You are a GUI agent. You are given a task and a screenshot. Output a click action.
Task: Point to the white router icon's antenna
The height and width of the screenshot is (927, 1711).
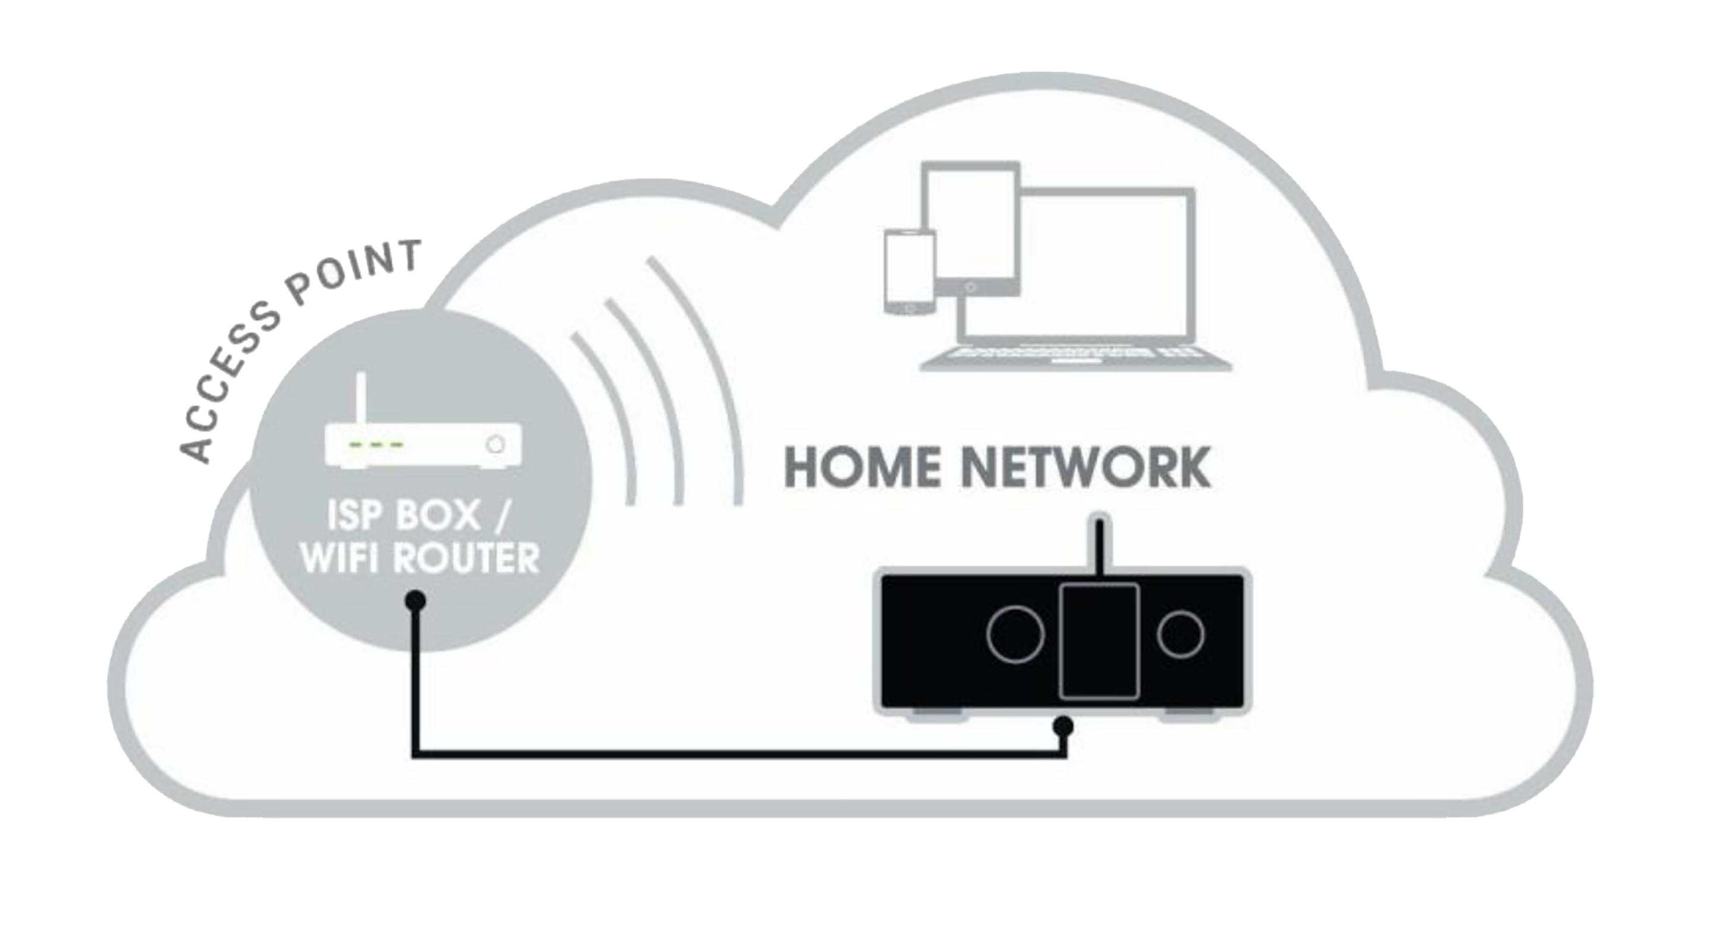pos(361,402)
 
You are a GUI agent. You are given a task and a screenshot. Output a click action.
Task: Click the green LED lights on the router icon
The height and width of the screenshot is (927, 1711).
pos(377,443)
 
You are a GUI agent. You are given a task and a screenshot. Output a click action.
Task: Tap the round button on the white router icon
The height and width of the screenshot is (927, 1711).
pos(495,443)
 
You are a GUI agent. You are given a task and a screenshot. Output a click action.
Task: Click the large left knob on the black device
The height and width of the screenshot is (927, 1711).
pos(1015,635)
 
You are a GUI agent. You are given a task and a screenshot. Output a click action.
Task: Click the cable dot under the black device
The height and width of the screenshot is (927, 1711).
pos(1064,726)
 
